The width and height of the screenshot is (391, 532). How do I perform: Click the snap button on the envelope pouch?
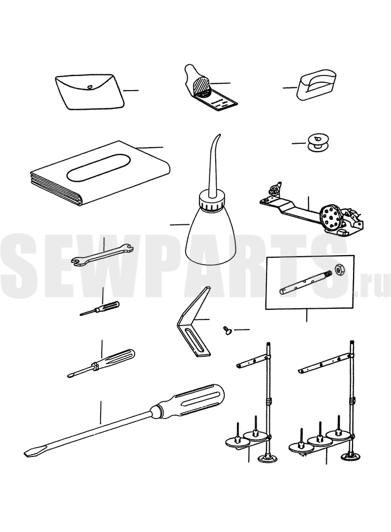point(89,87)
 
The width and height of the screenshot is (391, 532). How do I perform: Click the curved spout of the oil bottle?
point(213,166)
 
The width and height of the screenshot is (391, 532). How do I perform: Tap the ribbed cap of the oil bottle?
point(212,201)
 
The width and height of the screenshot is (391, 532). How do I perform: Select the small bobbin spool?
point(317,142)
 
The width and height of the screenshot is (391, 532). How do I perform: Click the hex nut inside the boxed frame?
point(339,270)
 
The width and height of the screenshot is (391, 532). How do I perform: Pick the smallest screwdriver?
point(99,308)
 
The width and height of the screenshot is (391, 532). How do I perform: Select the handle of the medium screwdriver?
point(117,358)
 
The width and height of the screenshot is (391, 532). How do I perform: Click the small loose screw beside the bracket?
point(226,329)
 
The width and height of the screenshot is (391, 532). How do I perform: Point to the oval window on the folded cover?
point(98,168)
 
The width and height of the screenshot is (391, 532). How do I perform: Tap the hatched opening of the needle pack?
point(201,88)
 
